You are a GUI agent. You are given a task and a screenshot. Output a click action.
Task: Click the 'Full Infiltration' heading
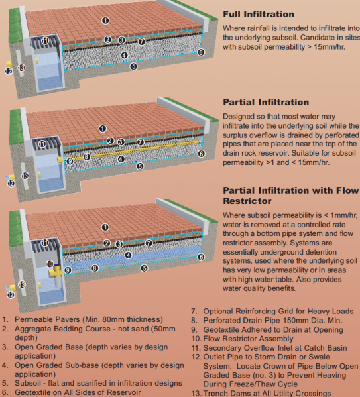[258, 13]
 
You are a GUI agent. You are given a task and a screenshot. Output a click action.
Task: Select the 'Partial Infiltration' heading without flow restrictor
[265, 102]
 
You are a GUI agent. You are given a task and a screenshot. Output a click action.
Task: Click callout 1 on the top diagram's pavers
[105, 21]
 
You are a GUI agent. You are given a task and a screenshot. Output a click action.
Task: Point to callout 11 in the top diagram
[45, 41]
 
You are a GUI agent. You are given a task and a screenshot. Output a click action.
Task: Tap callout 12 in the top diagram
[9, 70]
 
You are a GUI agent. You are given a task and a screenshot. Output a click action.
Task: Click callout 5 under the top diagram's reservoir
[133, 66]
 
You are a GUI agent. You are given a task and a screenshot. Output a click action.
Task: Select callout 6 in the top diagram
[201, 52]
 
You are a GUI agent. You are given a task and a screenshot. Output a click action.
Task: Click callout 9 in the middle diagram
[70, 160]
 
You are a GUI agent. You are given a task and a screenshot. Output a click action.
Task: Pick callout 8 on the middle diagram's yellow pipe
[86, 157]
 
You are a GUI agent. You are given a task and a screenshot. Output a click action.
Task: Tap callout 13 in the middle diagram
[25, 176]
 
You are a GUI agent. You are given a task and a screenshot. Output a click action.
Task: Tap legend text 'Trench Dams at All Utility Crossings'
[272, 392]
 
